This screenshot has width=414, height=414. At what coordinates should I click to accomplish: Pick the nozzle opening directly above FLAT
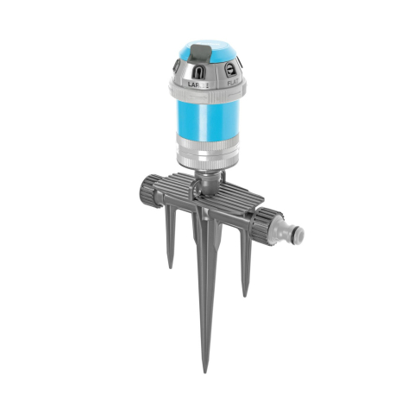pos(232,69)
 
